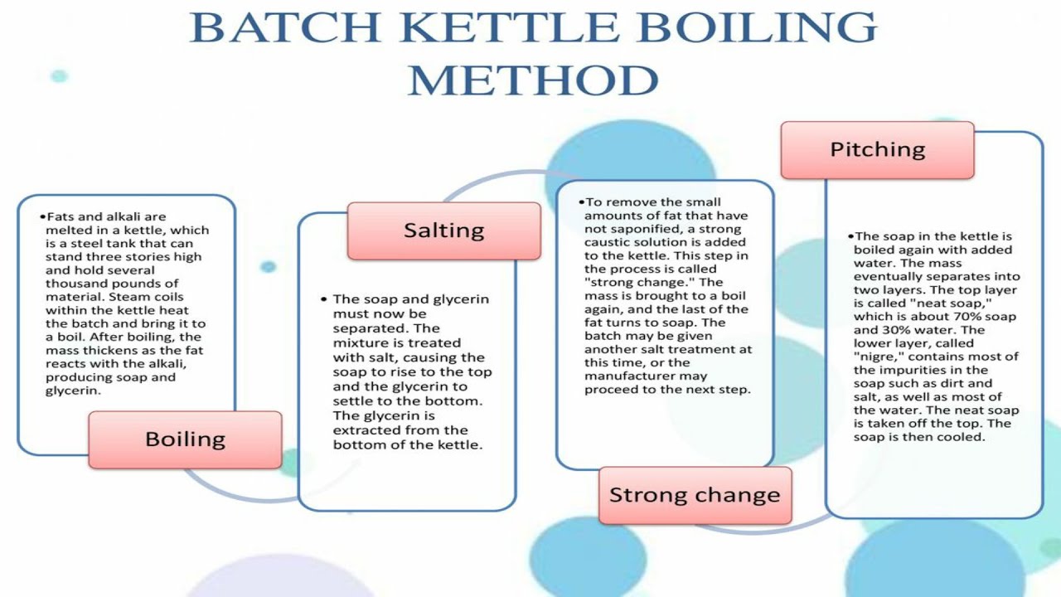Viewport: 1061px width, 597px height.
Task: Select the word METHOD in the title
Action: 533,80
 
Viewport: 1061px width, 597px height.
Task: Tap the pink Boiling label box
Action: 185,439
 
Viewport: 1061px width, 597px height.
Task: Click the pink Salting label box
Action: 443,230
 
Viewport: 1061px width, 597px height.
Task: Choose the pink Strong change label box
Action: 695,495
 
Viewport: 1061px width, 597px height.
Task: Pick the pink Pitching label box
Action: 877,149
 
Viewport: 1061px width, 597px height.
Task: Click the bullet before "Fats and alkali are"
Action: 42,216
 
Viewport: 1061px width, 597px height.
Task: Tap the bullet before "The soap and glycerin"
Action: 323,299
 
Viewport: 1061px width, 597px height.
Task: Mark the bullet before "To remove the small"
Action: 582,201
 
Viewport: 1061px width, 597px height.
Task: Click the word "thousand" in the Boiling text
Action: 74,284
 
